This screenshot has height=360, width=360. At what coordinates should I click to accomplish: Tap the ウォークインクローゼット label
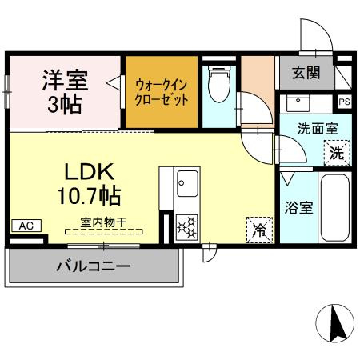(161, 91)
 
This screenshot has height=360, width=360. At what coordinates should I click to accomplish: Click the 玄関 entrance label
(306, 74)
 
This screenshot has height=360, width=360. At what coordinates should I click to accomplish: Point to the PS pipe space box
(344, 102)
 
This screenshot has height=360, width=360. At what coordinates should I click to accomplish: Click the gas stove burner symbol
(187, 227)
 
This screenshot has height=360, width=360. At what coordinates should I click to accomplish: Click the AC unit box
(26, 226)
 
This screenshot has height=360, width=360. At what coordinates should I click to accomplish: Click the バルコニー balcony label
(93, 266)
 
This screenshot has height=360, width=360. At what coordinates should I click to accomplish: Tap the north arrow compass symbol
(335, 324)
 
